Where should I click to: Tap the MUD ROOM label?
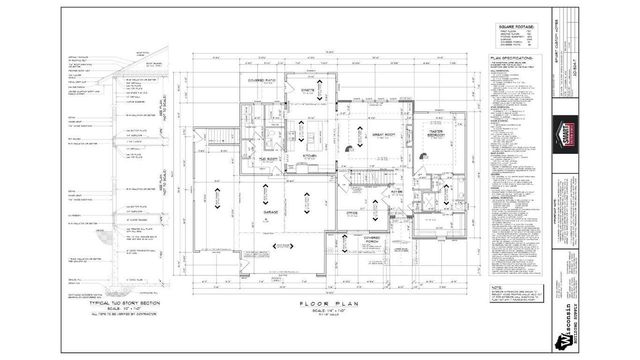click(x=269, y=158)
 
